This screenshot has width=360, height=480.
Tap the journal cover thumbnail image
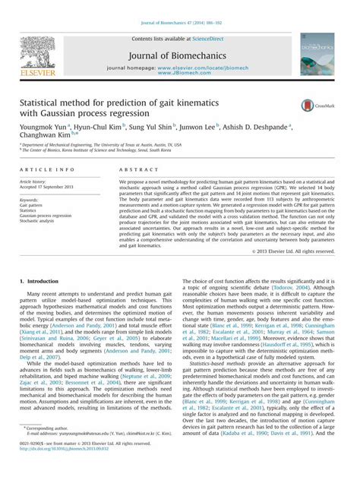(x=316, y=53)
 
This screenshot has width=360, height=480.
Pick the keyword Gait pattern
(x=31, y=205)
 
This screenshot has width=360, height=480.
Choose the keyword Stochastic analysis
(x=38, y=221)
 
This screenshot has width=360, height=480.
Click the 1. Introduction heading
(x=43, y=282)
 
